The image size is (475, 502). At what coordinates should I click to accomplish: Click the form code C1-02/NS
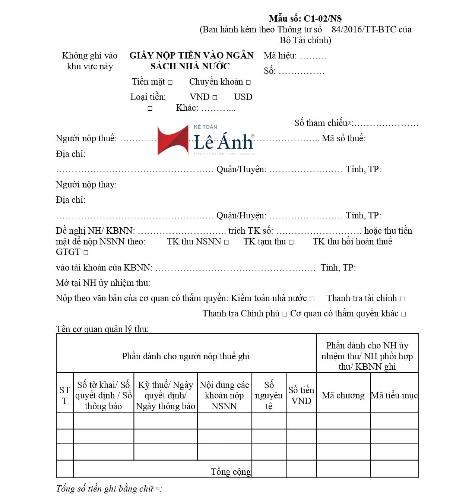point(323,19)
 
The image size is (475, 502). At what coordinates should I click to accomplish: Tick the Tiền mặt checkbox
point(170,82)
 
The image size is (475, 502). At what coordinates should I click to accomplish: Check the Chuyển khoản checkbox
point(248,82)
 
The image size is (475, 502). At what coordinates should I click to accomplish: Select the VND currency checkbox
point(215,98)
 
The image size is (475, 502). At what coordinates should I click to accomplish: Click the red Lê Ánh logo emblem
point(172,141)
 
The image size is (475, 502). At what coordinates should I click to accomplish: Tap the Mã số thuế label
point(343,138)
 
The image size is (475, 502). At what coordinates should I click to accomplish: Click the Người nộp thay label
point(86,184)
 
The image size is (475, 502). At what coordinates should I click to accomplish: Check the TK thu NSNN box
point(227,242)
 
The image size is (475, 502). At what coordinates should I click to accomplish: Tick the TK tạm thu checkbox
point(291,242)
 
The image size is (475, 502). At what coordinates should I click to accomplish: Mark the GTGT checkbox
point(86,253)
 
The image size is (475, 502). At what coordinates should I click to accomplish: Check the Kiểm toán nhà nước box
point(312,299)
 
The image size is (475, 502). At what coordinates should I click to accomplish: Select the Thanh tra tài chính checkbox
point(402,299)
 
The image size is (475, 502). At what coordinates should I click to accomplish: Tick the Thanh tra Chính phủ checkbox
point(285,314)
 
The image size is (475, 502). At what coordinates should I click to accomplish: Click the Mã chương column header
point(343,395)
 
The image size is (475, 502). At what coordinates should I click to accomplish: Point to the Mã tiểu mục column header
point(394,395)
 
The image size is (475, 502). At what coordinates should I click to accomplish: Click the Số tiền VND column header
point(301,395)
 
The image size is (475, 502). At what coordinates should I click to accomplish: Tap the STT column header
point(64,395)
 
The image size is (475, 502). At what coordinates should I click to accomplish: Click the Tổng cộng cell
point(231,471)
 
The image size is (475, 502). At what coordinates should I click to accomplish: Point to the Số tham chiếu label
point(321,123)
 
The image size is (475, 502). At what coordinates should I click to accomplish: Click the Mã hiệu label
point(280,56)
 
